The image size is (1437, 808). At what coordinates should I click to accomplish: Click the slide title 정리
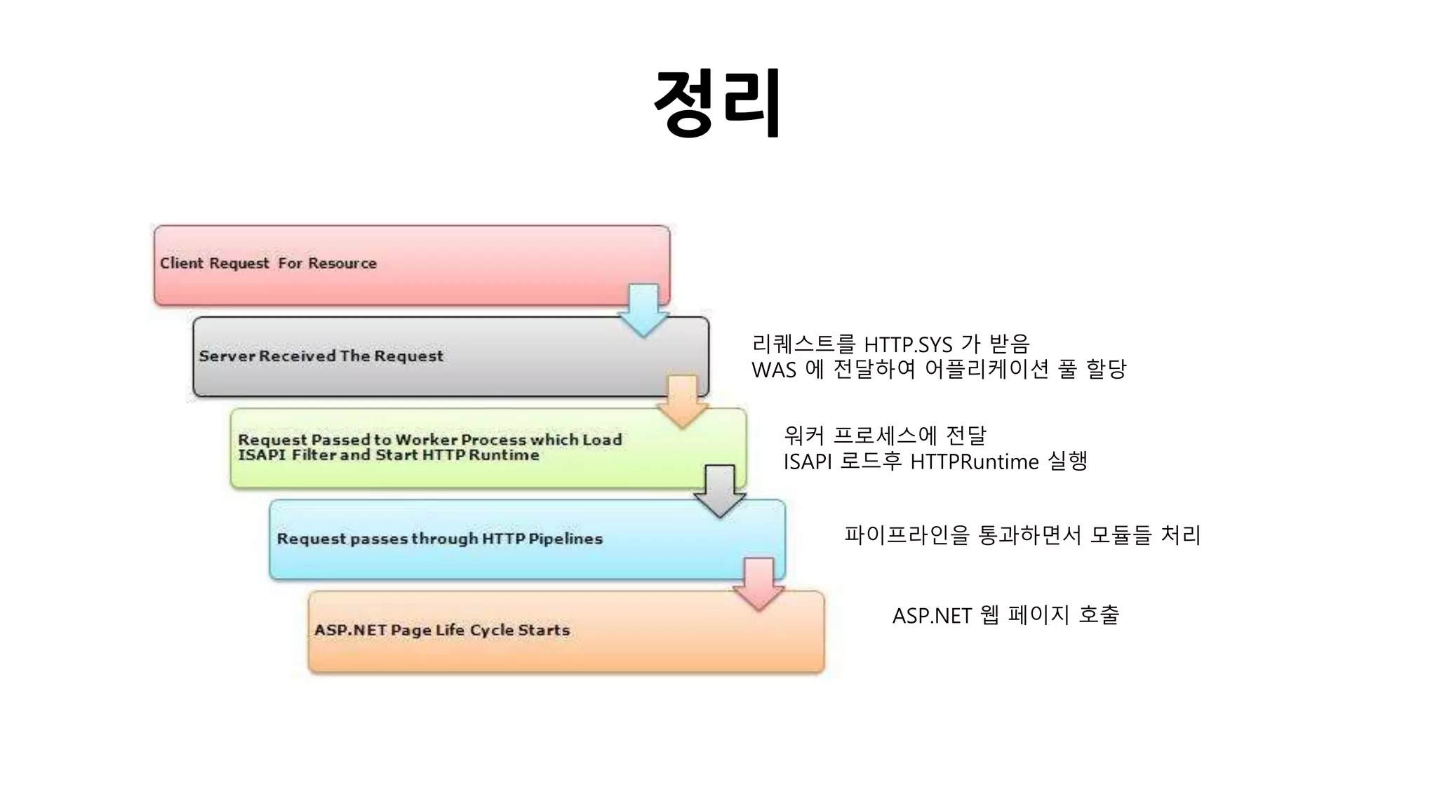(718, 103)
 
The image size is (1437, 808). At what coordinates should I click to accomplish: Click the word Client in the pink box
(181, 263)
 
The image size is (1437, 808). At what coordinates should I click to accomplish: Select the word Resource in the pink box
(342, 263)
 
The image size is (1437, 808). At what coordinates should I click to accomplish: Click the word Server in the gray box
(227, 356)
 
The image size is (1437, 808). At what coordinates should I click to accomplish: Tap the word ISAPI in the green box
(262, 455)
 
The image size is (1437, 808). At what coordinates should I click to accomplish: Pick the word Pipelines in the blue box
(566, 539)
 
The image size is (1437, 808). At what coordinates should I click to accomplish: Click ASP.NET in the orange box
(350, 630)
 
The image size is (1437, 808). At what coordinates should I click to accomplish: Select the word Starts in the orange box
(544, 630)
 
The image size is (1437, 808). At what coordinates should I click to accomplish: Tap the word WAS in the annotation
(773, 370)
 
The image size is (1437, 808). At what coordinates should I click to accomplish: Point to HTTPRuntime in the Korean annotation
(974, 462)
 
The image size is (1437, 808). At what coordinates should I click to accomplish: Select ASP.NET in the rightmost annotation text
(932, 616)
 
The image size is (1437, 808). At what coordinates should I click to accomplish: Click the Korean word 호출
(1099, 615)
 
